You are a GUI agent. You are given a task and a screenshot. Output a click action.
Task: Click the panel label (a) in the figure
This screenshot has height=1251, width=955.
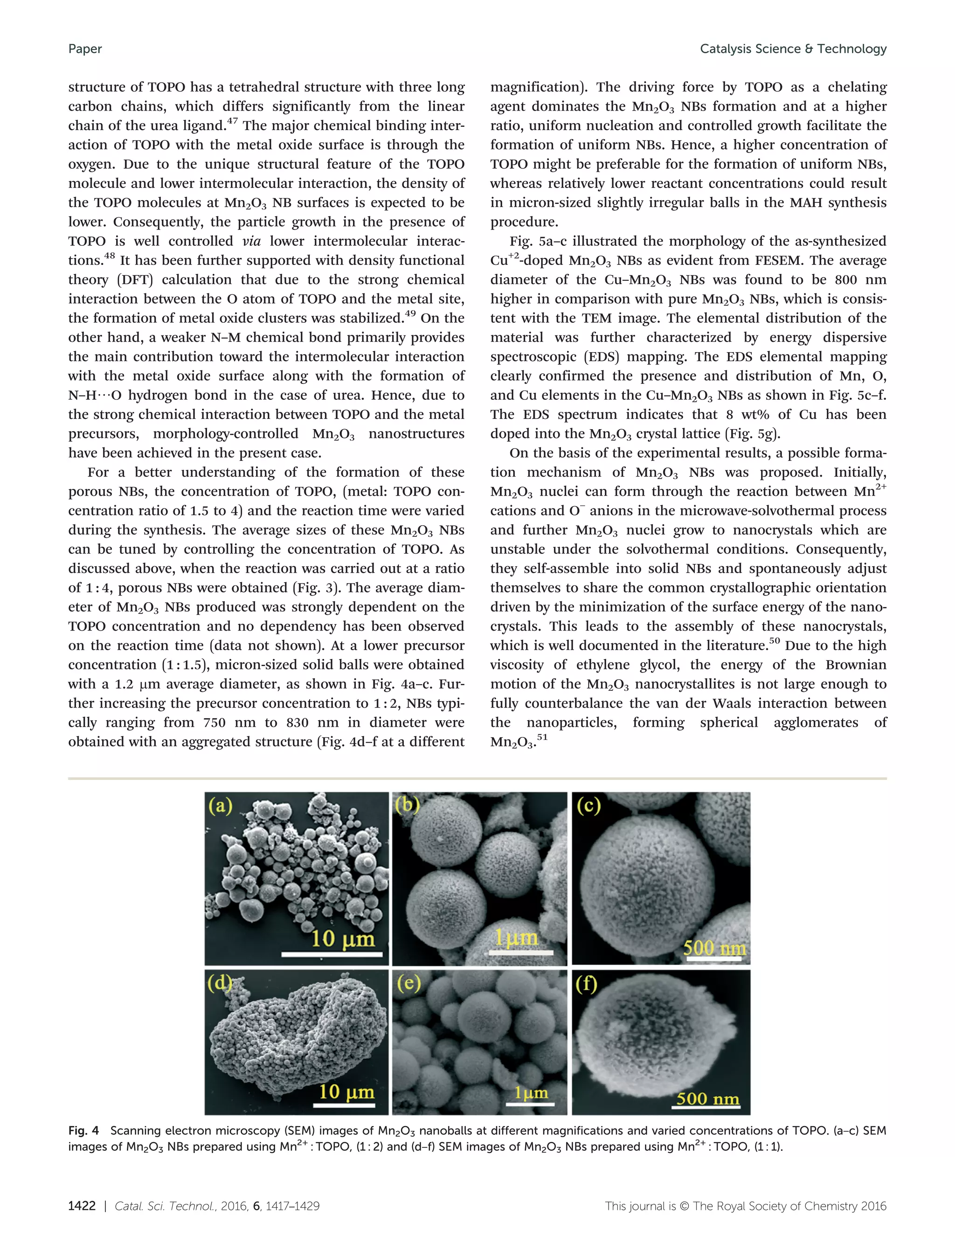tap(221, 806)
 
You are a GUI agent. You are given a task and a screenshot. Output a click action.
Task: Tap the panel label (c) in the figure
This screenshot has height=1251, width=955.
tap(588, 806)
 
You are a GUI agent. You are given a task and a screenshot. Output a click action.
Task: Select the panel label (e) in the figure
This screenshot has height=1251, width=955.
tap(408, 983)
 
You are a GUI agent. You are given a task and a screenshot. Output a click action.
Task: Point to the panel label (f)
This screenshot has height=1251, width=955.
tap(586, 984)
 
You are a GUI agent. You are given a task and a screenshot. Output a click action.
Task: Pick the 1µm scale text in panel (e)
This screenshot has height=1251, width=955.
tap(531, 1092)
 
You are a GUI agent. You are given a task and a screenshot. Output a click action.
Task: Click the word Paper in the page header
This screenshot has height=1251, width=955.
tap(85, 49)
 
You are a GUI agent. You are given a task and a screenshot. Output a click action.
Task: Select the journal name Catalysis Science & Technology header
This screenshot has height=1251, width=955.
tap(793, 49)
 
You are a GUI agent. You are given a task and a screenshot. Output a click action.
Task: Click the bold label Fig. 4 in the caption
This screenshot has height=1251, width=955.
tap(83, 1131)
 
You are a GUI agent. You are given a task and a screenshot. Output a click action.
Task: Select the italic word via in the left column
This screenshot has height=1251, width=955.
tap(251, 241)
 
